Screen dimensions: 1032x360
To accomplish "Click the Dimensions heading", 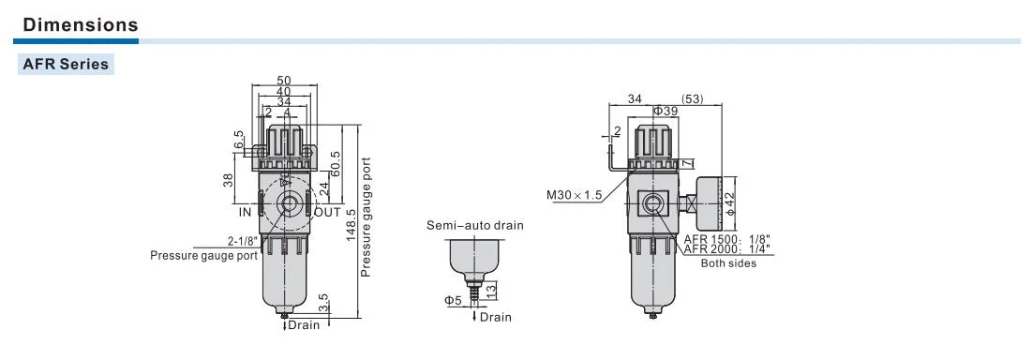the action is click(x=81, y=25).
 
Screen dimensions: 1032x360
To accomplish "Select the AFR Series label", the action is click(x=66, y=65).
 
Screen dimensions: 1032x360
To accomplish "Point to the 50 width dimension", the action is click(x=284, y=81).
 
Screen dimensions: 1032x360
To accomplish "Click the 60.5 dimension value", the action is click(x=335, y=164).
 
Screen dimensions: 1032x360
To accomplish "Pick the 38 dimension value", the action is click(x=229, y=180).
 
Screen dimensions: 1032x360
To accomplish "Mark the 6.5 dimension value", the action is click(x=237, y=139).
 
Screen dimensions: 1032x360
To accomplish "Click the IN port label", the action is click(x=245, y=213).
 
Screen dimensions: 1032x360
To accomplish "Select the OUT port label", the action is click(x=328, y=213).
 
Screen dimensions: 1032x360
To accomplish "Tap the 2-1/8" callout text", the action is click(x=243, y=241).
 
